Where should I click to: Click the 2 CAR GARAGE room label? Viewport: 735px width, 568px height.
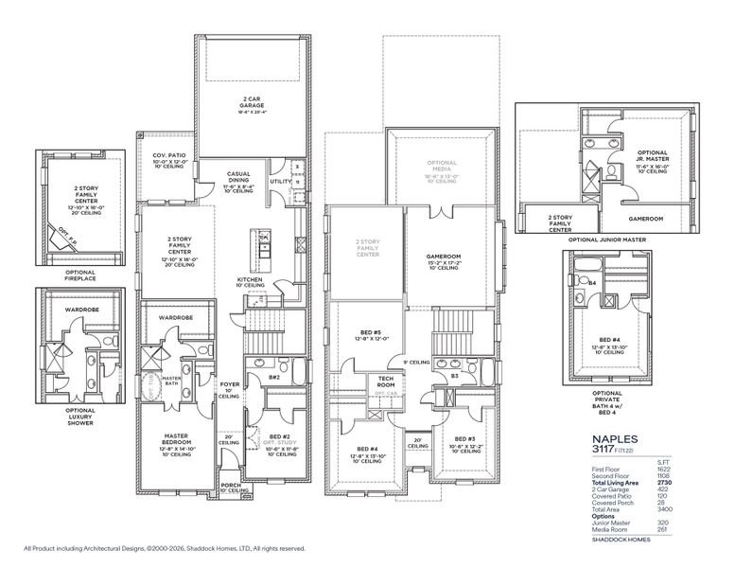[x=251, y=101]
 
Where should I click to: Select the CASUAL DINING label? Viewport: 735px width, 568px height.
[x=238, y=177]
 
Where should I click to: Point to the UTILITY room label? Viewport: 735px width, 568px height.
[x=280, y=181]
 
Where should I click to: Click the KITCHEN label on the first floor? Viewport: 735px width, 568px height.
[x=250, y=280]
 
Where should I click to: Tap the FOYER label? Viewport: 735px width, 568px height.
[x=230, y=384]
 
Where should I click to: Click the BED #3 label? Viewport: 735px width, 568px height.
[x=464, y=439]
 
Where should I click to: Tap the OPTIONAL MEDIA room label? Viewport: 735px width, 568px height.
[x=443, y=166]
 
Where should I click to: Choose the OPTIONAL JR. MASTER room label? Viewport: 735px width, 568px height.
[x=652, y=155]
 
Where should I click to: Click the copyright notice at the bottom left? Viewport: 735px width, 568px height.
[x=165, y=547]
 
